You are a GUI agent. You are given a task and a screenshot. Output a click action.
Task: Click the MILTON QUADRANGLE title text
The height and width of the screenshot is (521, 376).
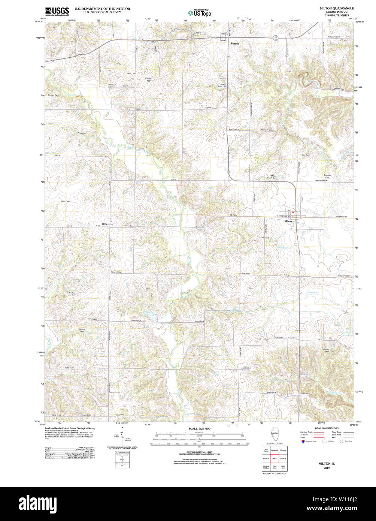336,8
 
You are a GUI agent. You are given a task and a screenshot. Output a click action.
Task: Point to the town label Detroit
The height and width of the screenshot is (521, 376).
235,43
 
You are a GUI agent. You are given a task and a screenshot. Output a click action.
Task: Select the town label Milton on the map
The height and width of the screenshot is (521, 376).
288,221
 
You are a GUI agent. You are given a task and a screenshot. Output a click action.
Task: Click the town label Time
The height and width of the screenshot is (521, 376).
104,224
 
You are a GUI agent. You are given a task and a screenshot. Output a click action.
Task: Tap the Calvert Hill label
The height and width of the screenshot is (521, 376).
149,79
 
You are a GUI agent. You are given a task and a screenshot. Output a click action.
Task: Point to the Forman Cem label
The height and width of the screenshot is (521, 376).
54,95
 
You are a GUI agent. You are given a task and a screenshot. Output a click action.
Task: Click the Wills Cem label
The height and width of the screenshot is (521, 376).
66,201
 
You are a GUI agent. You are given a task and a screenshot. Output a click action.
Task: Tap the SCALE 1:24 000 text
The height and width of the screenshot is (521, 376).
199,428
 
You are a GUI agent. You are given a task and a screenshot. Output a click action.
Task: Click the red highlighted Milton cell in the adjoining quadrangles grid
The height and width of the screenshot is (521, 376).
274,458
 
